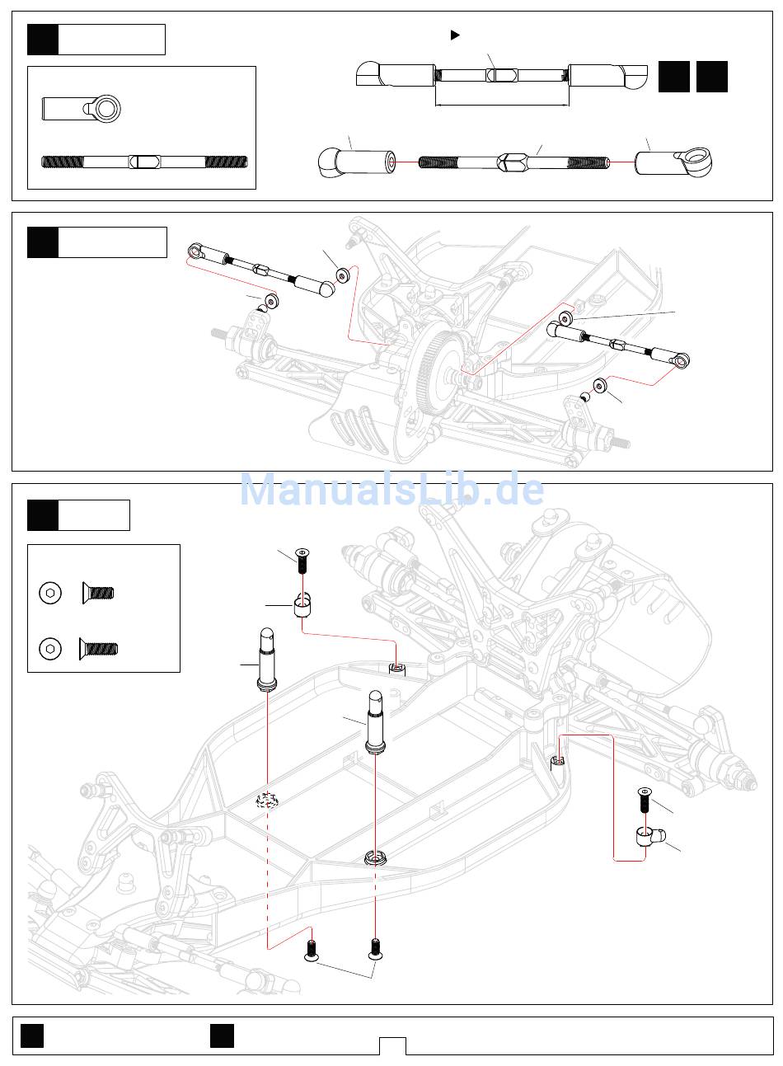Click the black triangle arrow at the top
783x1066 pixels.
pyautogui.click(x=454, y=35)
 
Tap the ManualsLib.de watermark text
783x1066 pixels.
pyautogui.click(x=391, y=490)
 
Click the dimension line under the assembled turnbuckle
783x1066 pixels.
pyautogui.click(x=501, y=105)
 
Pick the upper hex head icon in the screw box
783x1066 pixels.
pyautogui.click(x=51, y=592)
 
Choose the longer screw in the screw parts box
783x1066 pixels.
pyautogui.click(x=99, y=649)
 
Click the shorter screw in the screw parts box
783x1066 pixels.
pyautogui.click(x=98, y=592)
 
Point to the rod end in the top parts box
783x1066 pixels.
pyautogui.click(x=82, y=107)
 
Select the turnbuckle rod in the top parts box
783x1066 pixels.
pyautogui.click(x=144, y=162)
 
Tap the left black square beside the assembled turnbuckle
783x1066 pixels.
pyautogui.click(x=674, y=77)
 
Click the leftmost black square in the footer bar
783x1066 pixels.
pyautogui.click(x=32, y=1035)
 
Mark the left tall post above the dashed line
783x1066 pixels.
pyautogui.click(x=269, y=657)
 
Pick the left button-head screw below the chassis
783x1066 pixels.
pyautogui.click(x=312, y=950)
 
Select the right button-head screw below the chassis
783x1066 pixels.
pyautogui.click(x=375, y=949)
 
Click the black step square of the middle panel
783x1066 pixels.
pyautogui.click(x=43, y=242)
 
